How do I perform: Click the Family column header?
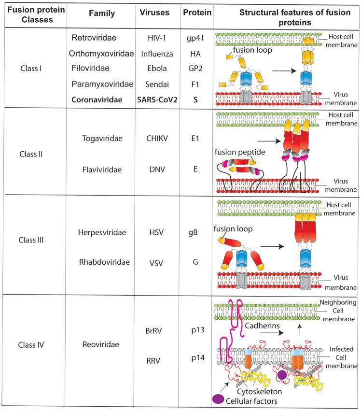[x=102, y=14]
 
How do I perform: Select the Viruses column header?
[x=154, y=13]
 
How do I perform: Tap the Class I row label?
[x=31, y=68]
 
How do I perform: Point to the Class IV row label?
[x=31, y=345]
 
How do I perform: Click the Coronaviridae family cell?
[x=97, y=100]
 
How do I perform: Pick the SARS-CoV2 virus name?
[x=157, y=100]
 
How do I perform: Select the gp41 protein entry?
[x=195, y=38]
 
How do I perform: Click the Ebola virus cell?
[x=157, y=68]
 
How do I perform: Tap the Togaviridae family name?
[x=102, y=139]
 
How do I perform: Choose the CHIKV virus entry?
[x=157, y=139]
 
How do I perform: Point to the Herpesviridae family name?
[x=102, y=232]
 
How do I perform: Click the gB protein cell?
[x=193, y=233]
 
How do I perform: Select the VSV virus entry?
[x=156, y=263]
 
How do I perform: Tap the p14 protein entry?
[x=198, y=358]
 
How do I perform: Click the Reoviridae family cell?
[x=101, y=344]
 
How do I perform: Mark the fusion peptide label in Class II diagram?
[x=240, y=152]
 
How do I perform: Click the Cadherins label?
[x=262, y=326]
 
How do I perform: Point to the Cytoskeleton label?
[x=259, y=392]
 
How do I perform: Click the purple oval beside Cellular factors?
[x=218, y=399]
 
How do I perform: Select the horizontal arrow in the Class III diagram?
[x=273, y=246]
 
